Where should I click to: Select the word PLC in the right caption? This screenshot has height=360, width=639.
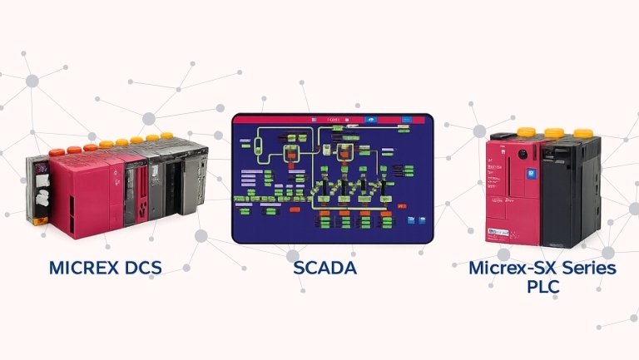pos(542,288)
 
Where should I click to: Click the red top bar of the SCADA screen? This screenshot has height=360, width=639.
pos(333,121)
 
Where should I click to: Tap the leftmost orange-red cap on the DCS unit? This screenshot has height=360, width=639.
pos(57,151)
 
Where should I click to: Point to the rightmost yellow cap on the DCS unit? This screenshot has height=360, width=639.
pos(166,135)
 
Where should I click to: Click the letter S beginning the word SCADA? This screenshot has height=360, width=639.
pos(299,269)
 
